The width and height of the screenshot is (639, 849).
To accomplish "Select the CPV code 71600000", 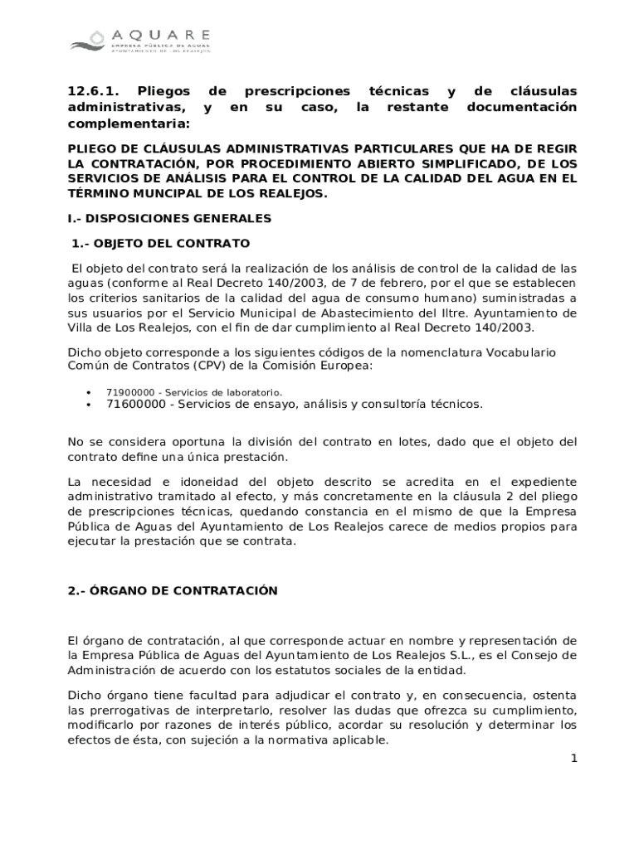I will [x=136, y=404].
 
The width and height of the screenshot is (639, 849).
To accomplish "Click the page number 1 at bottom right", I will [x=573, y=759].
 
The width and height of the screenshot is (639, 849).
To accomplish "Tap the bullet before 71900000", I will [x=87, y=392].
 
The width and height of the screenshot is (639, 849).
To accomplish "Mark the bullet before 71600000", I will [x=87, y=405].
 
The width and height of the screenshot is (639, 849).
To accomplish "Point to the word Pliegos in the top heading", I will [x=164, y=91].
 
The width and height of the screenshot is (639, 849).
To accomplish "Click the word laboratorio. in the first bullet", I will [x=249, y=392].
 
